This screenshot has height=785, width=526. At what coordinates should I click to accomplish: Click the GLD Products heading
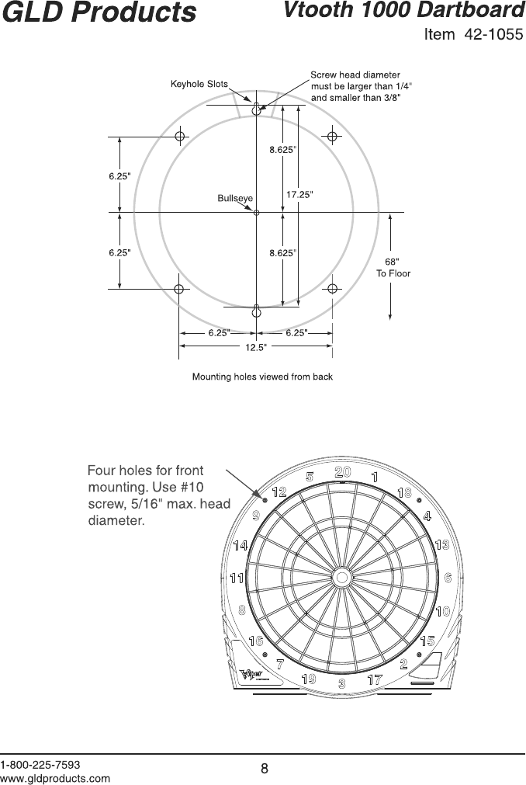pyautogui.click(x=99, y=13)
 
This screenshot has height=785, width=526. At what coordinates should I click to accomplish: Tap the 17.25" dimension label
pyautogui.click(x=299, y=195)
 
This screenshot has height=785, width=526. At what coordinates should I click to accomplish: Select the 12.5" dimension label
pyautogui.click(x=256, y=347)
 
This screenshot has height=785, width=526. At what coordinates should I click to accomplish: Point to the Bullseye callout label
pyautogui.click(x=235, y=198)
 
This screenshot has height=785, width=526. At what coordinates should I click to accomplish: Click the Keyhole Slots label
pyautogui.click(x=199, y=84)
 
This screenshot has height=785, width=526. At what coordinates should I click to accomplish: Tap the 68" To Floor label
pyautogui.click(x=393, y=267)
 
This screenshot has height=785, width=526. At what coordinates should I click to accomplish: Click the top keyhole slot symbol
pyautogui.click(x=256, y=109)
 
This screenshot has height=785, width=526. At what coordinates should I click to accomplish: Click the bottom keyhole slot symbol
pyautogui.click(x=256, y=311)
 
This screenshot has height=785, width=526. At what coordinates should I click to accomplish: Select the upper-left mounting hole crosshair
pyautogui.click(x=180, y=137)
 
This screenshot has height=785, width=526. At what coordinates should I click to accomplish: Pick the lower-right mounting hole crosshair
pyautogui.click(x=332, y=289)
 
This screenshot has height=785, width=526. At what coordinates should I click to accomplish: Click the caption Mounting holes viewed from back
pyautogui.click(x=262, y=377)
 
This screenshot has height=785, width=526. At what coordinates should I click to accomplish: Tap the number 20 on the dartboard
pyautogui.click(x=343, y=472)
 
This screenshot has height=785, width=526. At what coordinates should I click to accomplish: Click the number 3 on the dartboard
pyautogui.click(x=341, y=684)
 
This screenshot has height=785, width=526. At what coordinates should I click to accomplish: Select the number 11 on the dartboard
pyautogui.click(x=237, y=578)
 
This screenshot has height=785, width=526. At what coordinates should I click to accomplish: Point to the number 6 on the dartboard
pyautogui.click(x=448, y=578)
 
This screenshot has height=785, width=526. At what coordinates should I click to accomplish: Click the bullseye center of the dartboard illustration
pyautogui.click(x=341, y=578)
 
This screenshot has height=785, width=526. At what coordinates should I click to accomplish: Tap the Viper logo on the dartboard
pyautogui.click(x=253, y=673)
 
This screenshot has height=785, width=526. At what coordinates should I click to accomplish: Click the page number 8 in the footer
pyautogui.click(x=264, y=769)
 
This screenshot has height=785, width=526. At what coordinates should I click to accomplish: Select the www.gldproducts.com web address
pyautogui.click(x=55, y=777)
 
